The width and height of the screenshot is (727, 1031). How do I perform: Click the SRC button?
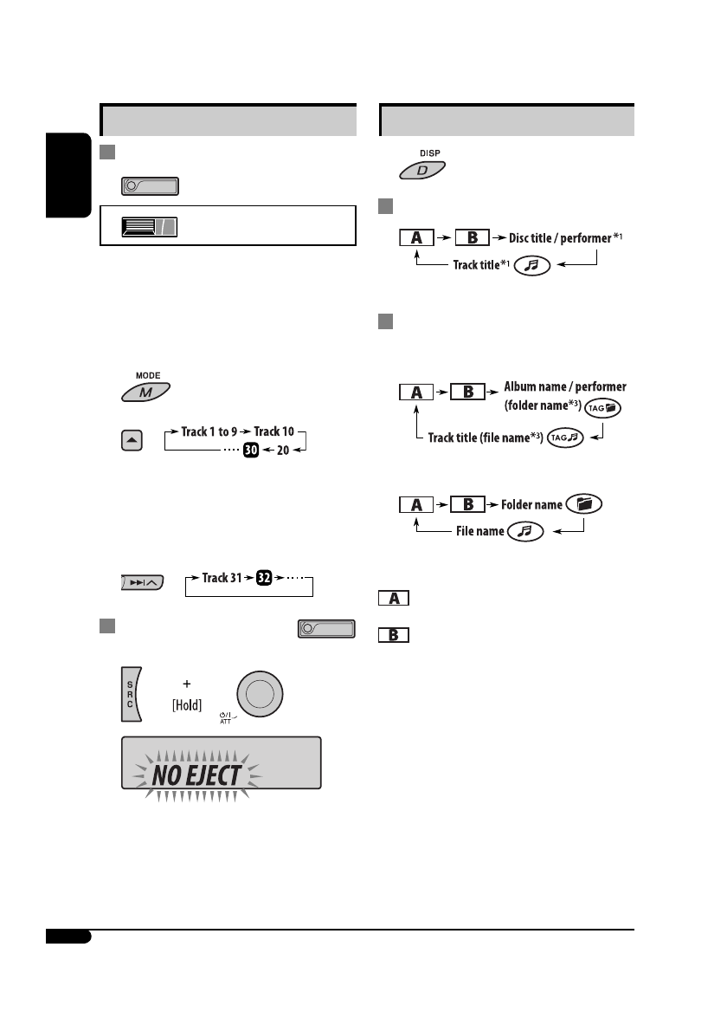point(131,694)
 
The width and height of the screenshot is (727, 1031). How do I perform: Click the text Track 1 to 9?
point(209,431)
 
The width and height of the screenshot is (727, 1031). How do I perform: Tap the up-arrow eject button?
point(131,440)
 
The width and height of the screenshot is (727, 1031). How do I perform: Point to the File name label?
point(480,530)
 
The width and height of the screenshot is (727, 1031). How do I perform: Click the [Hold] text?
point(186,705)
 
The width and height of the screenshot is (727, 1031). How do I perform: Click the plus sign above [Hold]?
point(186,684)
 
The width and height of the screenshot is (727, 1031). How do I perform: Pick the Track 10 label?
point(276,431)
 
